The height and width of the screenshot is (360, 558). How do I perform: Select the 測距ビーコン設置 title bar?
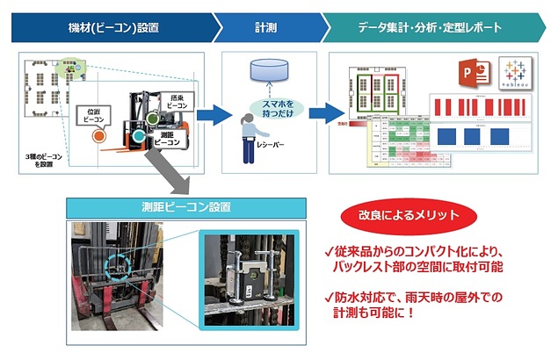[x=185, y=207]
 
